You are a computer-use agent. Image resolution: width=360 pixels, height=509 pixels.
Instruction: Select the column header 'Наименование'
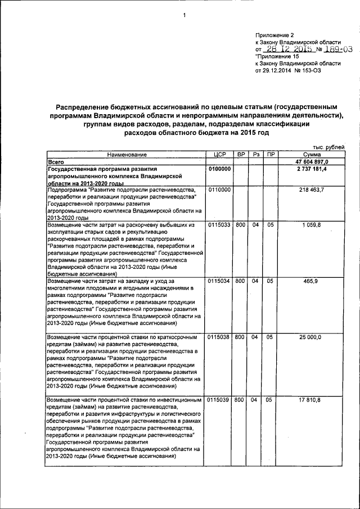[x=125, y=154]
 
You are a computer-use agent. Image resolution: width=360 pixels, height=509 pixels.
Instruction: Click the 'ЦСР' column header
[x=219, y=154]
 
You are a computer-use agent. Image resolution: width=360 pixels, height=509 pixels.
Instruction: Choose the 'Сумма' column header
[x=311, y=154]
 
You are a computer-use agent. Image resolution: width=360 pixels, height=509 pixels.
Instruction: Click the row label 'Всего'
[x=56, y=161]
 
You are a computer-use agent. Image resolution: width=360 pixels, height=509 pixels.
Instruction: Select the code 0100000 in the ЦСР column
[x=219, y=169]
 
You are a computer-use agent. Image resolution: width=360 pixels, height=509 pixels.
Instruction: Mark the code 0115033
[x=219, y=225]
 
